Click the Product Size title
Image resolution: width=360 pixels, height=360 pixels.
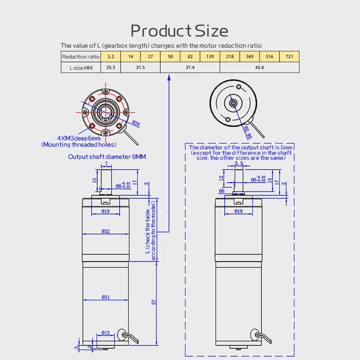click(179, 31)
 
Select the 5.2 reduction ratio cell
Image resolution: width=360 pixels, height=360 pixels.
click(110, 57)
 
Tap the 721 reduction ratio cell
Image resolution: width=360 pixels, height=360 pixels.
click(289, 57)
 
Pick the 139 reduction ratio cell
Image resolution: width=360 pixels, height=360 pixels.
click(210, 57)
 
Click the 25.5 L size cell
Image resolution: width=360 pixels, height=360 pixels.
click(110, 67)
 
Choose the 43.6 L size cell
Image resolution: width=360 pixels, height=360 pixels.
click(260, 67)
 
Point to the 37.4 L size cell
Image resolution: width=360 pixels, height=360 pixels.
click(190, 67)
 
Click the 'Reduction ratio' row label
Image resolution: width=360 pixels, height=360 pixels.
click(81, 57)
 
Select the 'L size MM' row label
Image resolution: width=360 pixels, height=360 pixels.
click(81, 67)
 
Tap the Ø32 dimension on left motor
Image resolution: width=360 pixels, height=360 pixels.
click(105, 231)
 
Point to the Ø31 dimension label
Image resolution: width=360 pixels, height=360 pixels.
click(105, 297)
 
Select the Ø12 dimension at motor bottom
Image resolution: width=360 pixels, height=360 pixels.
click(105, 333)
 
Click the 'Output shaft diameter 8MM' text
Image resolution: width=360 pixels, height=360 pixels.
click(107, 157)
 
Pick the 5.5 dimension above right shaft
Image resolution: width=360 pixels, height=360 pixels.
click(238, 164)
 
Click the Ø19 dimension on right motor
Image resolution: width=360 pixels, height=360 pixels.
click(238, 211)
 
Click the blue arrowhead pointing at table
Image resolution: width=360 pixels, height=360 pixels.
click(169, 78)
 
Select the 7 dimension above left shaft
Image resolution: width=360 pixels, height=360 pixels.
click(106, 164)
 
